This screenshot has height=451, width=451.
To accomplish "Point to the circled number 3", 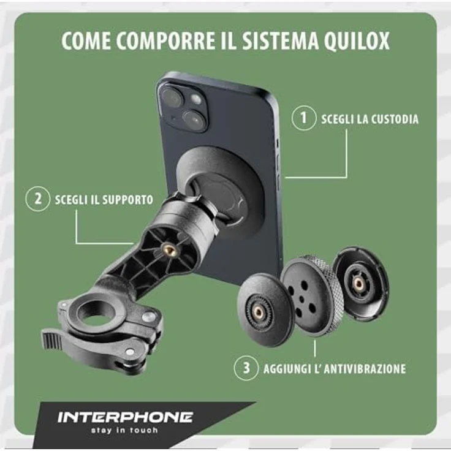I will pos(246,368).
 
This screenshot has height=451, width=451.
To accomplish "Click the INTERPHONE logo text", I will pos(125,417).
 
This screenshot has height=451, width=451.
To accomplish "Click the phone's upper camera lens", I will pos(170,96).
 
